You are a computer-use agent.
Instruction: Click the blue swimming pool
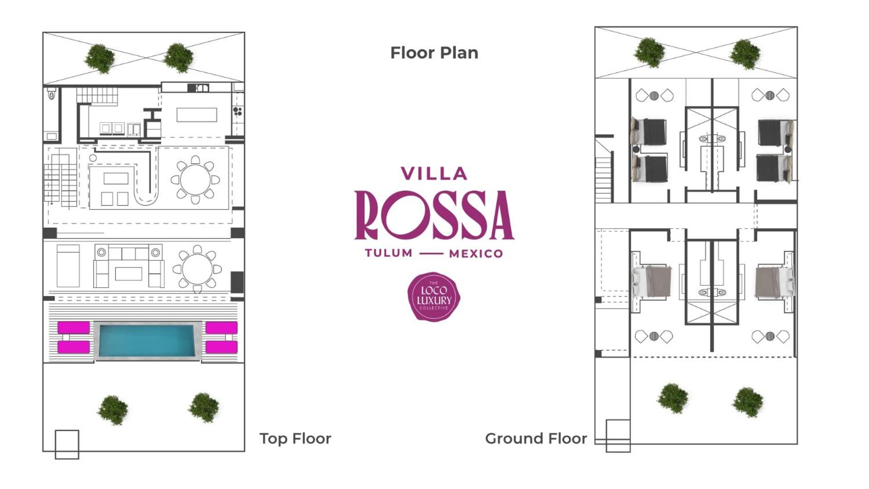[x=147, y=341]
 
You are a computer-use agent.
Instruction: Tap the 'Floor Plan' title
[x=434, y=53]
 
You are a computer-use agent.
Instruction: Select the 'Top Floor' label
[x=295, y=438]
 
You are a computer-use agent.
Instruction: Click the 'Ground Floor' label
[x=536, y=438]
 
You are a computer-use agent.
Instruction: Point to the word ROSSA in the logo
[x=434, y=215]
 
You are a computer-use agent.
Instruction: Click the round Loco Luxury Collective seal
[x=434, y=297]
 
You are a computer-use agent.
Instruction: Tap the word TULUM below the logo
[x=389, y=253]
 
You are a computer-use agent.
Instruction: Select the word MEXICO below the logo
[x=476, y=254]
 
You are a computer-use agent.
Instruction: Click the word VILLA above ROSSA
[x=434, y=173]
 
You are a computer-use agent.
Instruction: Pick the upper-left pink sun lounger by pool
[x=74, y=327]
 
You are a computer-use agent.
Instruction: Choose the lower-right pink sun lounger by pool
[x=221, y=347]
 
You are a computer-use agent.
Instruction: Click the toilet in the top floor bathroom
[x=52, y=95]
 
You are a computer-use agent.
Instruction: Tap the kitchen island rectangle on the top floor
[x=197, y=115]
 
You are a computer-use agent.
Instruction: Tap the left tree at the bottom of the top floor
[x=113, y=410]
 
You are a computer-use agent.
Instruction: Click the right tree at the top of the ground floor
[x=745, y=54]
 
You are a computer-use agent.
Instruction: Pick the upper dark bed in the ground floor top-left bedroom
[x=649, y=132]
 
